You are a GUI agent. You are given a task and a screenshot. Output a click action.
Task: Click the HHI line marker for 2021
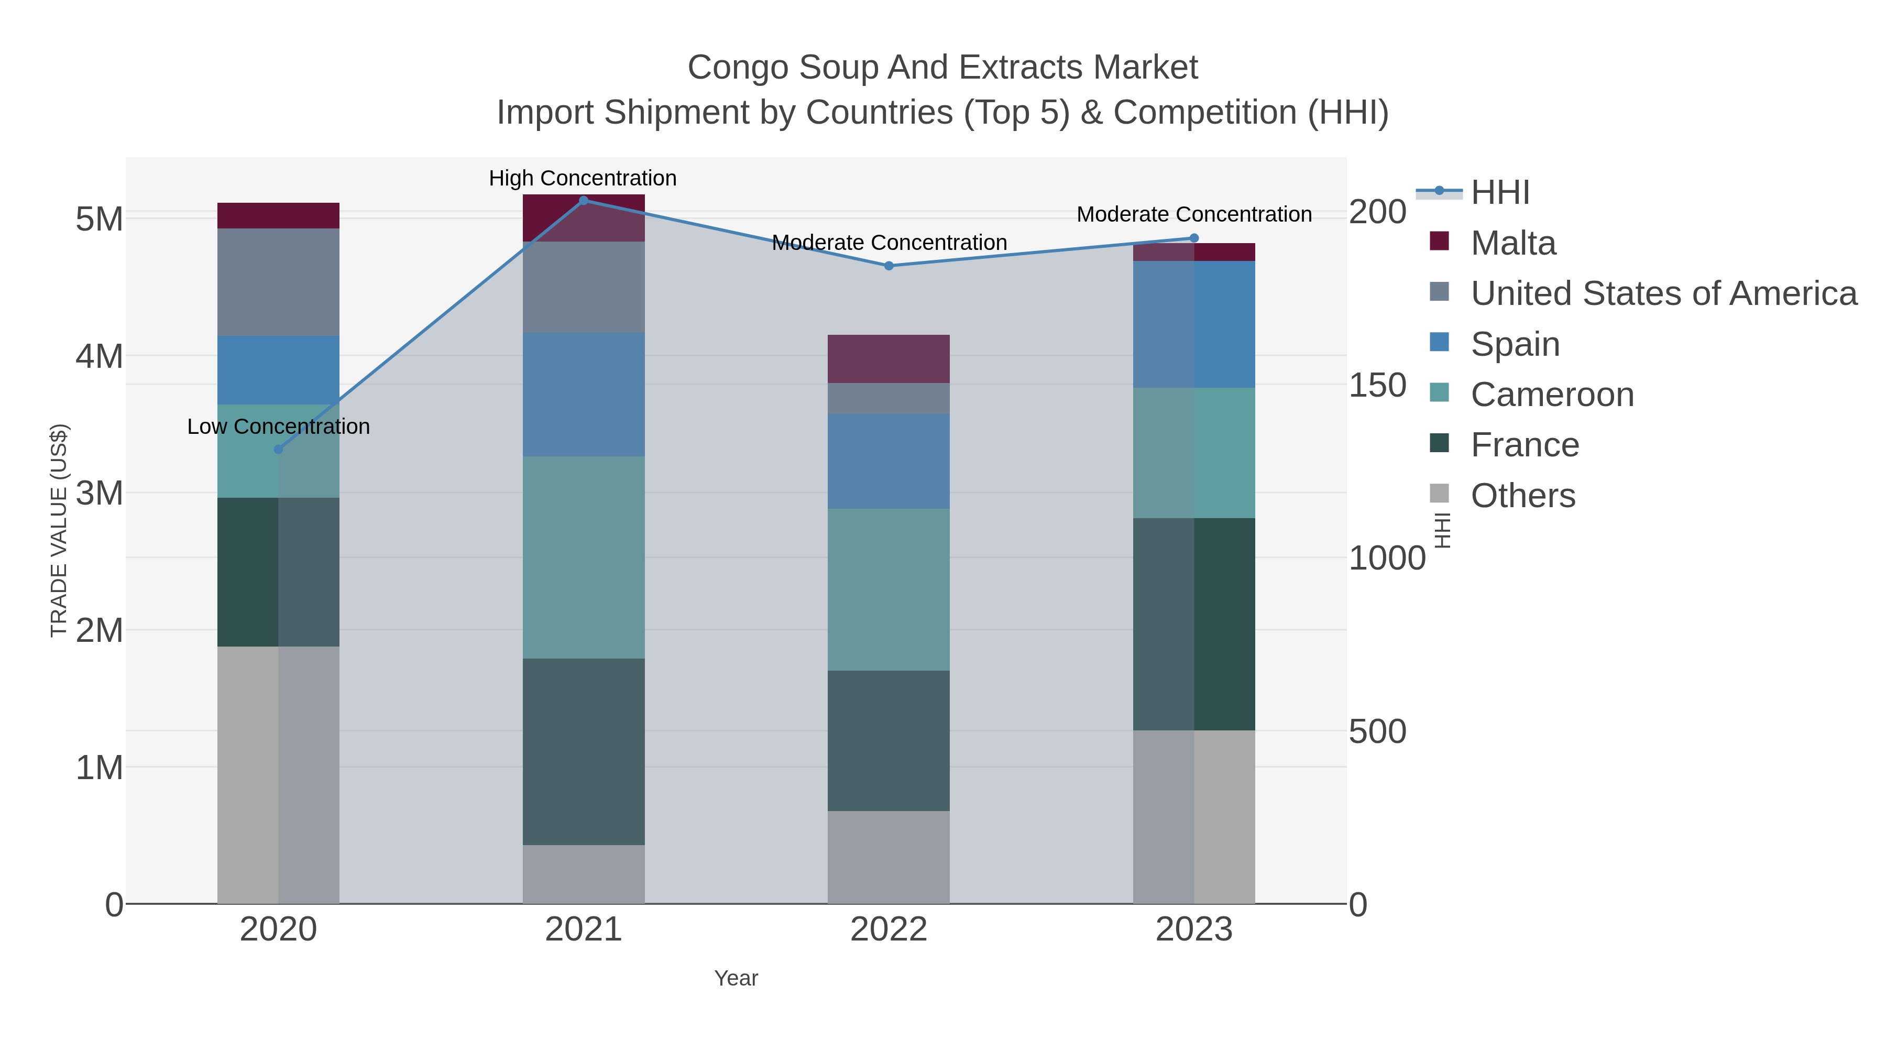coord(584,200)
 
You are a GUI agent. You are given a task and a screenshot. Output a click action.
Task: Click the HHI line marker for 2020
coord(278,449)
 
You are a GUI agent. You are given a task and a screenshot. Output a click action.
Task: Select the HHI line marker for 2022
coord(889,266)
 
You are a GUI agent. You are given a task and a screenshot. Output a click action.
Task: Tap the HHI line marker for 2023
coord(1194,238)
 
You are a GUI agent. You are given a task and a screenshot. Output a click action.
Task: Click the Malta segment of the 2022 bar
coord(889,359)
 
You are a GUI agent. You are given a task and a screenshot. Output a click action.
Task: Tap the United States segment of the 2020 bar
coord(278,282)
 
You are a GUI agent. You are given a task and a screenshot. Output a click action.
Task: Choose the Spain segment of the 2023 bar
coord(1194,324)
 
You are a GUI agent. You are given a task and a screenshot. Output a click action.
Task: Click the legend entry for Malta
coord(1512,243)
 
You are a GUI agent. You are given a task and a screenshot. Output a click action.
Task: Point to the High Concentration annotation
coord(583,178)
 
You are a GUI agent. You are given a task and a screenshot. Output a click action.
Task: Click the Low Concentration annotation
coord(278,426)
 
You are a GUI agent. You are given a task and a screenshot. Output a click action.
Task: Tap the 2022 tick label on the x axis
coord(889,929)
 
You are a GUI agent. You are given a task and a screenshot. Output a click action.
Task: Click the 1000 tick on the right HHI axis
coord(1387,558)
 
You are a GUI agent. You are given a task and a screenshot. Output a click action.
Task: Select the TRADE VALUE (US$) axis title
coord(59,530)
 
